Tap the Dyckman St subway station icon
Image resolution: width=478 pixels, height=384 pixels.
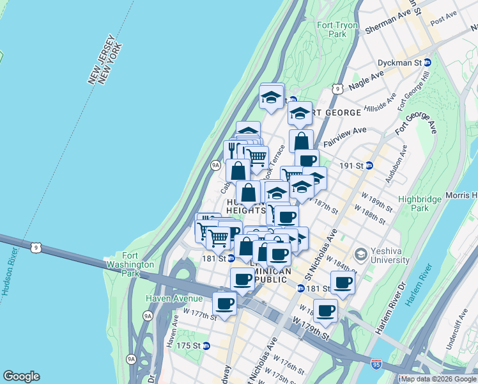coord(428,63)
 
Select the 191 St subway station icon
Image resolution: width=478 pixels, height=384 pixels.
coord(369,165)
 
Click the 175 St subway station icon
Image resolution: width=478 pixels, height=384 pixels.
coord(206,346)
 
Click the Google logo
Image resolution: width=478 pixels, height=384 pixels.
coord(21,376)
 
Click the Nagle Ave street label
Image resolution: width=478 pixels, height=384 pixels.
coord(367,80)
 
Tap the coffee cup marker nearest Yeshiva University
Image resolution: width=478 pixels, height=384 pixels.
coord(343,283)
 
